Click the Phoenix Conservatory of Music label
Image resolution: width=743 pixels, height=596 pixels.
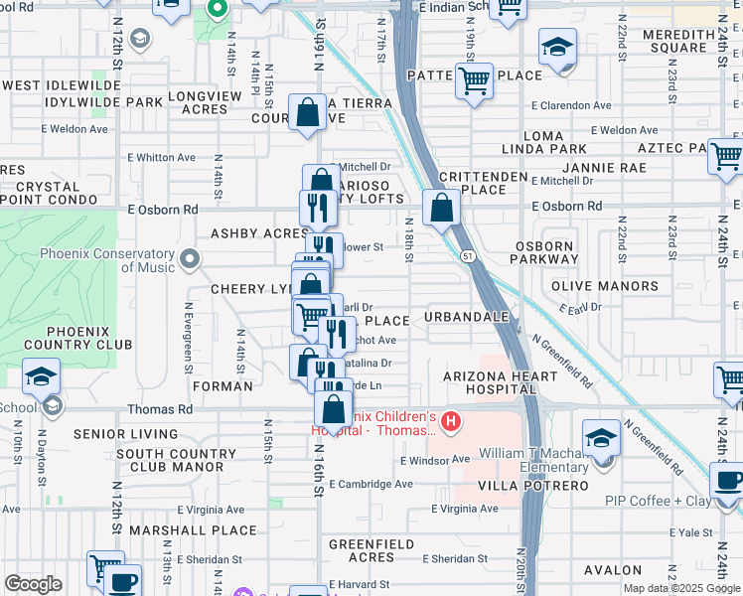pos(107,260)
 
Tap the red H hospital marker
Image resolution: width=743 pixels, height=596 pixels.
pos(451,423)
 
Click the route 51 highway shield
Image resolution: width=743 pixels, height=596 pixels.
pos(466,256)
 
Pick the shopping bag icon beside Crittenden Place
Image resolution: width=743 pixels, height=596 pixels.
pos(440,209)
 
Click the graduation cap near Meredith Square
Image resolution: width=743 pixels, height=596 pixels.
pos(557,46)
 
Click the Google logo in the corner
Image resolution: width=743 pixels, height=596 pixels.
pos(32,584)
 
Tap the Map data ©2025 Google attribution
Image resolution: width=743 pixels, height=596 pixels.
pos(680,588)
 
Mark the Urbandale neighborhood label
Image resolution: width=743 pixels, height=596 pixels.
pos(466,317)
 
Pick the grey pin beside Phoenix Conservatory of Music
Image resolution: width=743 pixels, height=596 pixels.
pos(190,260)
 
